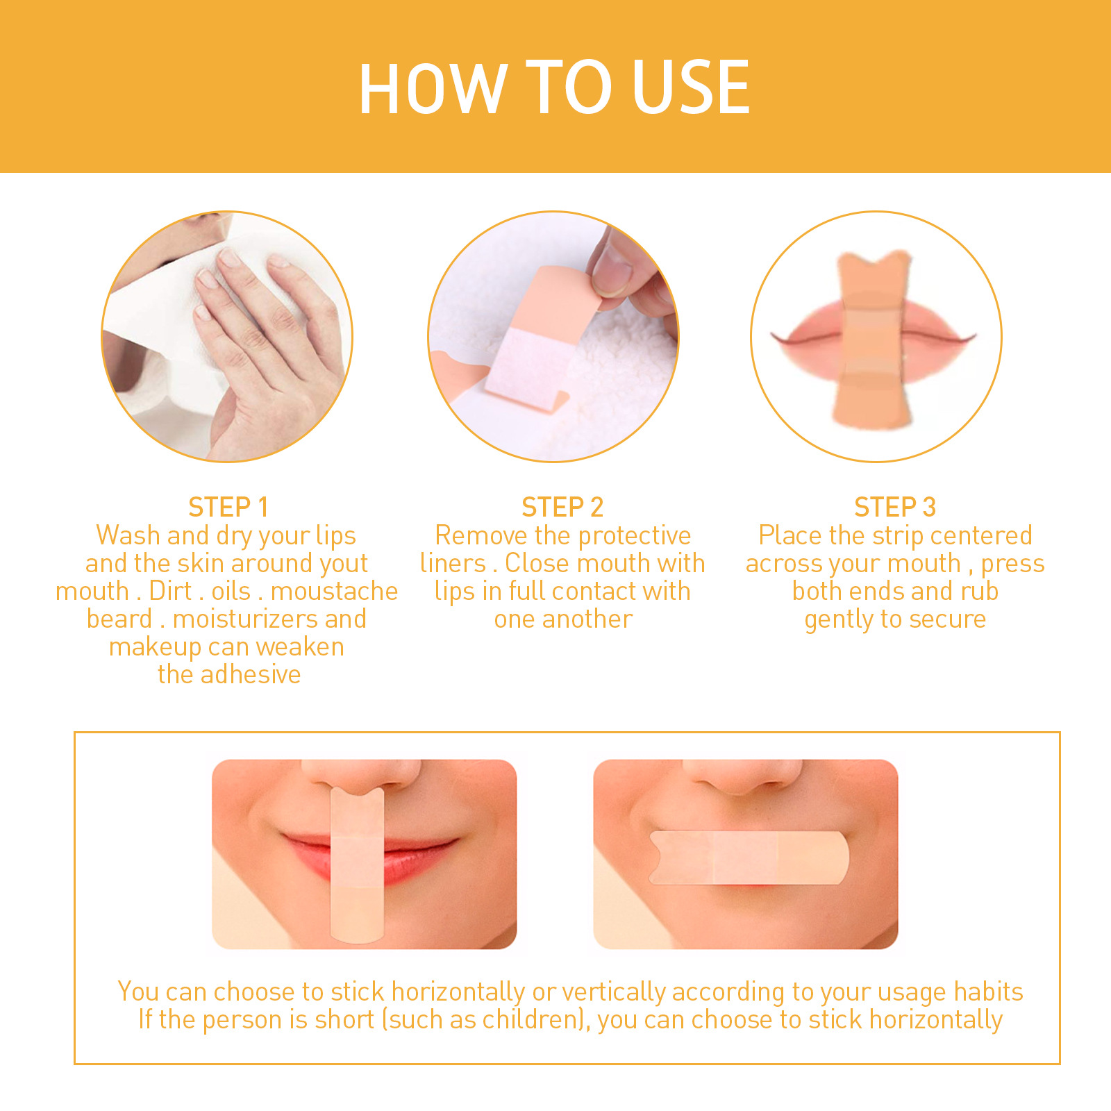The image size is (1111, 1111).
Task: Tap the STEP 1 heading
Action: tap(228, 508)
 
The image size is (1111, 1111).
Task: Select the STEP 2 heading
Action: tap(562, 508)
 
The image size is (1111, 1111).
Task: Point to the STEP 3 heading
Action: tap(895, 508)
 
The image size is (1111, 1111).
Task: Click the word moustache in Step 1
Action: tap(334, 592)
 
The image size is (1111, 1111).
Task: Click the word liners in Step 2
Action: tap(453, 564)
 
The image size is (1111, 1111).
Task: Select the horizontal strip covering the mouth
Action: tap(749, 858)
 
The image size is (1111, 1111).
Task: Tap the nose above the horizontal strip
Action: tap(743, 778)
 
